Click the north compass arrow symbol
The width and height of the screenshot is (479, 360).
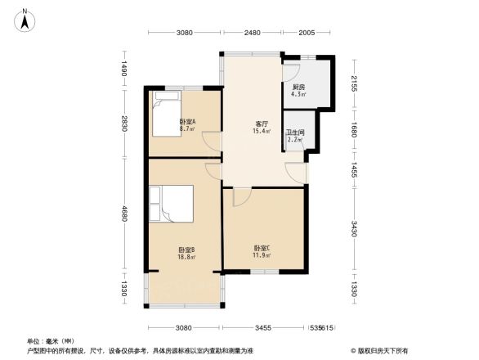pyautogui.click(x=26, y=18)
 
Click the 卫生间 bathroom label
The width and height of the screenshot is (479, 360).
pyautogui.click(x=294, y=133)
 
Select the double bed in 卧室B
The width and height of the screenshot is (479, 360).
pyautogui.click(x=170, y=204)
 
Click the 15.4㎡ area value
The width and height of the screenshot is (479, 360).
pyautogui.click(x=262, y=132)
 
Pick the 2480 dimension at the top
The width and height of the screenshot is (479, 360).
pyautogui.click(x=252, y=33)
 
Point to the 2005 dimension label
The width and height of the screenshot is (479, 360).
pyautogui.click(x=307, y=33)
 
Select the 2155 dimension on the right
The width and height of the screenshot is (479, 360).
pyautogui.click(x=354, y=83)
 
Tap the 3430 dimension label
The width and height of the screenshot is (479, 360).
pyautogui.click(x=354, y=228)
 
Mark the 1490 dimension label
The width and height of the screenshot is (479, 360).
pyautogui.click(x=126, y=70)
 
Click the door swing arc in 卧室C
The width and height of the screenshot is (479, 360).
pyautogui.click(x=242, y=197)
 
